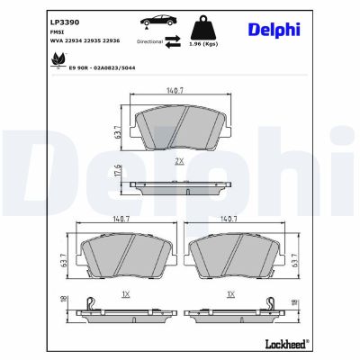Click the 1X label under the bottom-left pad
pyautogui.click(x=126, y=293)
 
